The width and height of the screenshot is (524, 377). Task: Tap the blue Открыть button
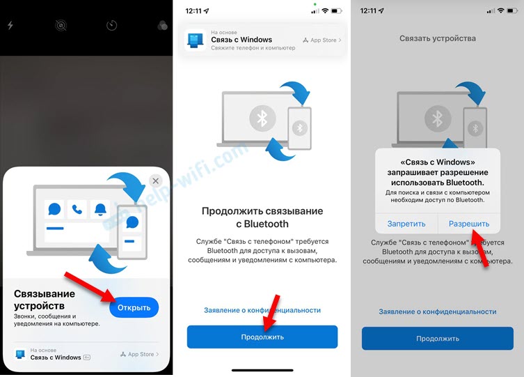(x=134, y=307)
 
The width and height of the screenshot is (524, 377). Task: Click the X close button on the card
(x=155, y=181)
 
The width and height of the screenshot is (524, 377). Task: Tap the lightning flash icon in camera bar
(x=10, y=25)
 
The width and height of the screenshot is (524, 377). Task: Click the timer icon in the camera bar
(x=111, y=25)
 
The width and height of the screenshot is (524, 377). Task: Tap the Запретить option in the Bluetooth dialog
(x=406, y=224)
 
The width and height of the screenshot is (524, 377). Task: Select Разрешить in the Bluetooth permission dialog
(x=469, y=224)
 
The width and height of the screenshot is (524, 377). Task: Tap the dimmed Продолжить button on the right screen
(x=438, y=339)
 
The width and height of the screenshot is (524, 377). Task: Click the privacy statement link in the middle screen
(x=262, y=310)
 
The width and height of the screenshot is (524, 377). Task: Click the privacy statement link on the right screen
(x=438, y=311)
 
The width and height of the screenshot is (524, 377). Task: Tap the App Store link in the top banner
(x=322, y=40)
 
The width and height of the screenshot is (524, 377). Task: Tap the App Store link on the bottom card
(x=140, y=354)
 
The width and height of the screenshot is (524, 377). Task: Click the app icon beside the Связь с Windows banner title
(x=196, y=40)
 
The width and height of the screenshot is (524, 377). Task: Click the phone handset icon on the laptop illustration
(x=77, y=210)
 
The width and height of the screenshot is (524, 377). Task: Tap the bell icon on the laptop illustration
(x=100, y=210)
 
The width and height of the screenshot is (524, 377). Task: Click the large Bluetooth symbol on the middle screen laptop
(x=262, y=118)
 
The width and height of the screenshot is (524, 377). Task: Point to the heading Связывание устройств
(x=45, y=300)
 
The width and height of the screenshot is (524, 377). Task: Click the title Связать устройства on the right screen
(x=438, y=38)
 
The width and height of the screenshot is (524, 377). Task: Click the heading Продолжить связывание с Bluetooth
(x=262, y=217)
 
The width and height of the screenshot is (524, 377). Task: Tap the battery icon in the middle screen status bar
(x=337, y=11)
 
